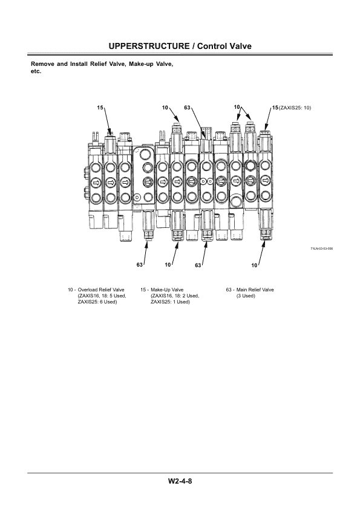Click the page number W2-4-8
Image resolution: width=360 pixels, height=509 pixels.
(180, 481)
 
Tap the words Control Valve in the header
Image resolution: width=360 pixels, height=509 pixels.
(224, 46)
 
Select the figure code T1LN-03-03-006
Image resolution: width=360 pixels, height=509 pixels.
(322, 248)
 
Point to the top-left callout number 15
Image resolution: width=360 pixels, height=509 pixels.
(100, 107)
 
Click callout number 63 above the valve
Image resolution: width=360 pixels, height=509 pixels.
(187, 107)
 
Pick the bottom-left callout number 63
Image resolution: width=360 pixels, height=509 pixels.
(140, 265)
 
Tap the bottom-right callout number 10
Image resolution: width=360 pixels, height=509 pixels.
(254, 265)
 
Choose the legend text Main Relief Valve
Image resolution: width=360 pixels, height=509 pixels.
(254, 290)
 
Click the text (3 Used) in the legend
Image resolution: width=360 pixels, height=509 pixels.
(246, 296)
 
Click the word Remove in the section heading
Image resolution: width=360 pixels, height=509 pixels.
(42, 63)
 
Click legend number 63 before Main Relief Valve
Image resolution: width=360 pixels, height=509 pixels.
(229, 290)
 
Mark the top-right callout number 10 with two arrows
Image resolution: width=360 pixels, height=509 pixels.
(237, 107)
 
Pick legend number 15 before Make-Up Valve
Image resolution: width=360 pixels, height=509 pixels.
(143, 290)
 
